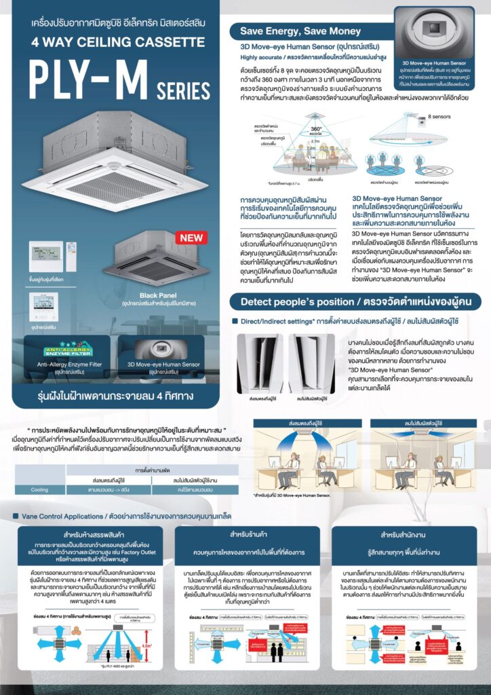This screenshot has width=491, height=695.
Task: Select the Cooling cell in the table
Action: pyautogui.click(x=39, y=489)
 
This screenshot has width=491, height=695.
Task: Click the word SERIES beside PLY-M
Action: pyautogui.click(x=183, y=90)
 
